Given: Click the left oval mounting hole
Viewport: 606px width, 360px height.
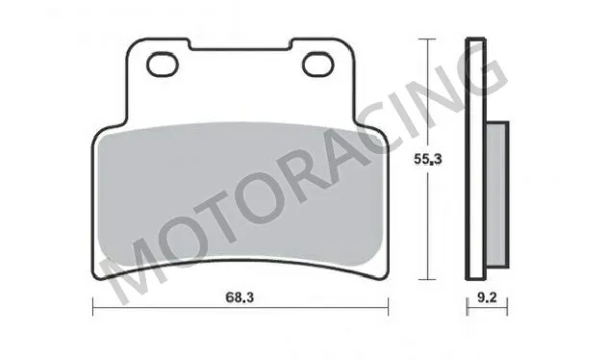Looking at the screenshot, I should click(164, 64).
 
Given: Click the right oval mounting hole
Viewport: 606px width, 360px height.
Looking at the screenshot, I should click(316, 64).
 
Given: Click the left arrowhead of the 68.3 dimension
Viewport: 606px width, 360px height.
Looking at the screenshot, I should click(95, 308).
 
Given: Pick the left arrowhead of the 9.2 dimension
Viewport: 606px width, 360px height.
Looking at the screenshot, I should click(468, 308).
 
